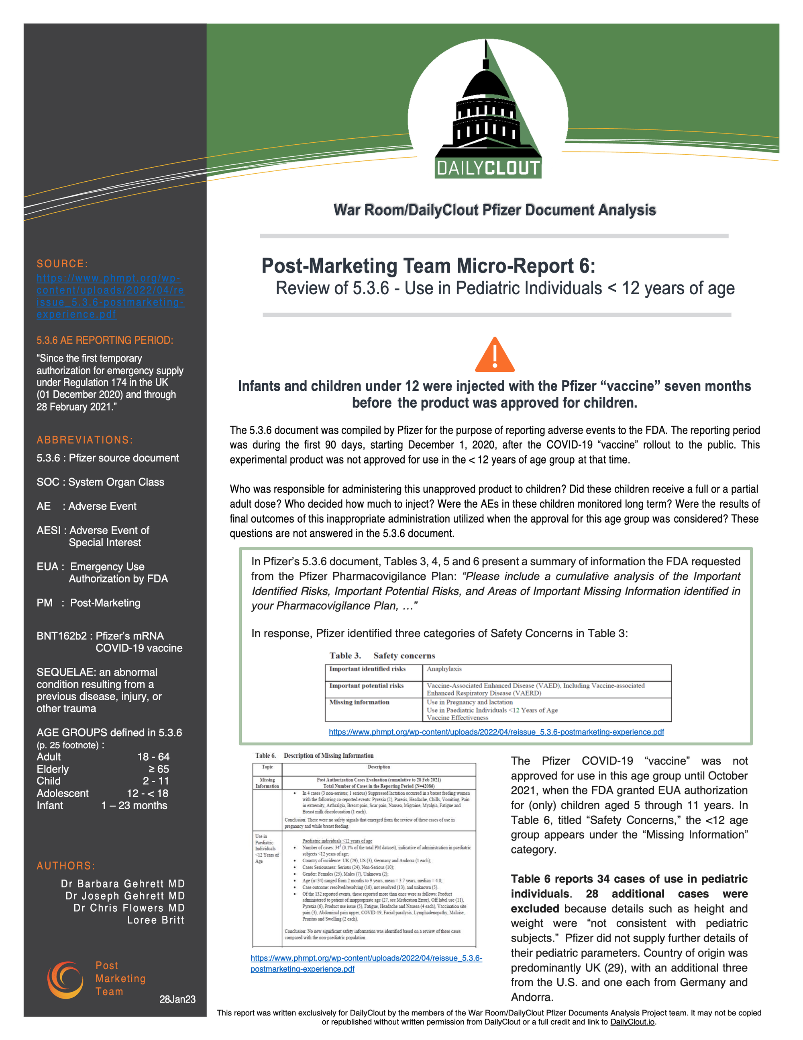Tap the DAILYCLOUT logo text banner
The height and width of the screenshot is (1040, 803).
[x=488, y=168]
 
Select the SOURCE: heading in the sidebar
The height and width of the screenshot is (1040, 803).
[x=62, y=264]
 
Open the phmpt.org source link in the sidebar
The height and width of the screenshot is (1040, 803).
[x=110, y=296]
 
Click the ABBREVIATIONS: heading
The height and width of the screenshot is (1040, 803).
[x=85, y=440]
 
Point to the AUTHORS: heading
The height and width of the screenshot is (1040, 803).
[x=66, y=866]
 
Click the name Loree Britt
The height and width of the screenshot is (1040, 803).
[x=155, y=920]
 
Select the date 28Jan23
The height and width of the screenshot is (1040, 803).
[x=177, y=999]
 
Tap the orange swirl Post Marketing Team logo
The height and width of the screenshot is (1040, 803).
[x=65, y=980]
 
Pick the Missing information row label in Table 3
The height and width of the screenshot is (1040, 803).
[x=359, y=702]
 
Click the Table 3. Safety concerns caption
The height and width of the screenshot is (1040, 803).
[x=382, y=656]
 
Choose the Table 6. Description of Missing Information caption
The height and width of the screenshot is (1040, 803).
[x=314, y=756]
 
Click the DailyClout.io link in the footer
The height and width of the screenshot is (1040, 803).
[x=632, y=1022]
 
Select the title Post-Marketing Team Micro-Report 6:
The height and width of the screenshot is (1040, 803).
[x=428, y=266]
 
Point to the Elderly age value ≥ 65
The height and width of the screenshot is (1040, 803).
[x=159, y=769]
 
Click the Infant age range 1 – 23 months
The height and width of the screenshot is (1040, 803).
[x=134, y=805]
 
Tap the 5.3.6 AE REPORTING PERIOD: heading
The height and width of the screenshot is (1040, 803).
[x=105, y=340]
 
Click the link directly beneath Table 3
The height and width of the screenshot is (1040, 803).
[x=496, y=732]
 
